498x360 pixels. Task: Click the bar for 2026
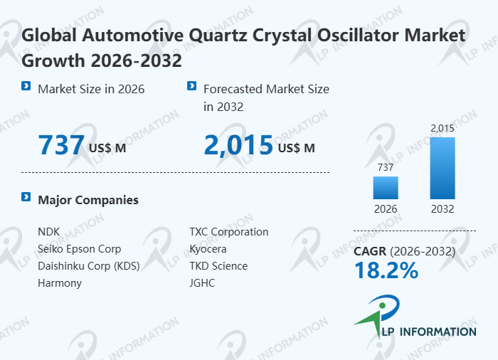pyautogui.click(x=386, y=188)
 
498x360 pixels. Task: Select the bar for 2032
pyautogui.click(x=443, y=168)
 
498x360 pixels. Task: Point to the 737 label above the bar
pyautogui.click(x=386, y=167)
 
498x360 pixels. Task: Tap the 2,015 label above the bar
pyautogui.click(x=443, y=128)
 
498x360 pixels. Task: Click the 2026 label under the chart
pyautogui.click(x=386, y=209)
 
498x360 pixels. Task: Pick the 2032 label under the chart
pyautogui.click(x=443, y=209)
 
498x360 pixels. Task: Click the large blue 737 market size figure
pyautogui.click(x=61, y=145)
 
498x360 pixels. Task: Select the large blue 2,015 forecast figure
pyautogui.click(x=238, y=145)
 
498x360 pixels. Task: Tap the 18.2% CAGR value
pyautogui.click(x=386, y=270)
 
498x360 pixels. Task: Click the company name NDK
pyautogui.click(x=49, y=232)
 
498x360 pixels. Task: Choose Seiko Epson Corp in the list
pyautogui.click(x=79, y=249)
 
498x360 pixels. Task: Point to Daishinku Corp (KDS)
pyautogui.click(x=88, y=266)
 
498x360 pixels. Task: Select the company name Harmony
pyautogui.click(x=60, y=283)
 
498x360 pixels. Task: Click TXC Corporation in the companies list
pyautogui.click(x=229, y=232)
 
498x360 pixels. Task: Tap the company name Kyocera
pyautogui.click(x=208, y=249)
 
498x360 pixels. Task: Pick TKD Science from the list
pyautogui.click(x=218, y=266)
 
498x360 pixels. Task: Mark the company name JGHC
pyautogui.click(x=202, y=283)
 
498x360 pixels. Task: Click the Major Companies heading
pyautogui.click(x=88, y=200)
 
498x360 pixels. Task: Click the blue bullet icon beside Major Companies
pyautogui.click(x=26, y=196)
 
